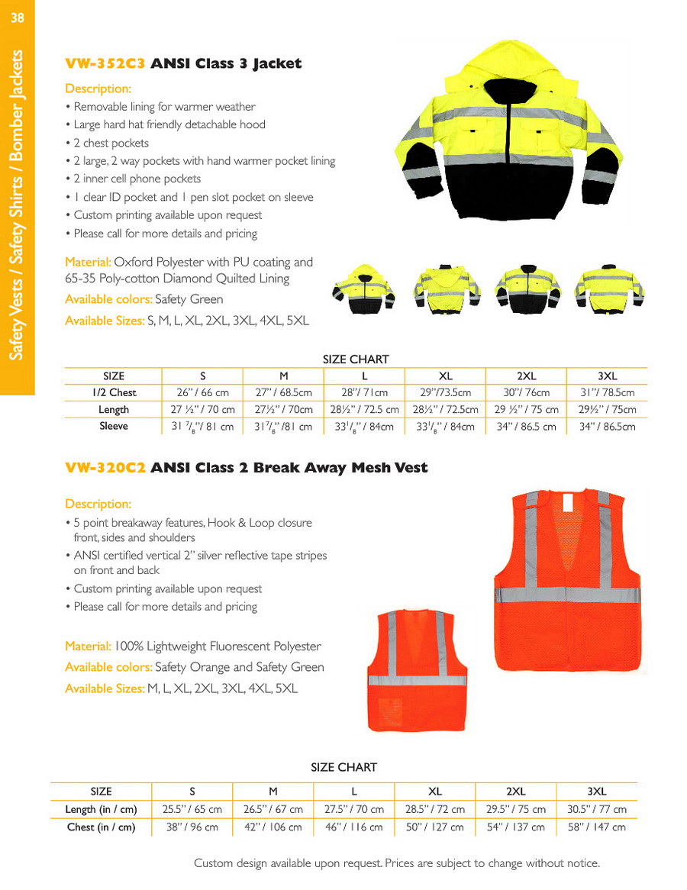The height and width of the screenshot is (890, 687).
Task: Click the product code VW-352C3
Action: pos(105,63)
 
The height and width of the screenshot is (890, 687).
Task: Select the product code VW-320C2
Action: pos(105,468)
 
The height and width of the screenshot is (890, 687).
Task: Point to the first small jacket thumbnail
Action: pos(363,290)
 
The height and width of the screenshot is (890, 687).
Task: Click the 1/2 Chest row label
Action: pos(114,392)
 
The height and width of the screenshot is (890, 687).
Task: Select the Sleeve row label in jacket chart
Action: pos(114,427)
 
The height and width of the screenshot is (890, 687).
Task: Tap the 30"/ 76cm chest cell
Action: pos(526,392)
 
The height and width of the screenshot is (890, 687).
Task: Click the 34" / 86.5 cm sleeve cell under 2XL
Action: pos(526,427)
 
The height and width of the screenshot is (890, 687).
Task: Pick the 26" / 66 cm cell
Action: pos(202,392)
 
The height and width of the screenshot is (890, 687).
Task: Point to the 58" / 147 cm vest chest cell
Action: pos(596,827)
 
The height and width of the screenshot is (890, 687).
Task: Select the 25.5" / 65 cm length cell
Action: pos(192,809)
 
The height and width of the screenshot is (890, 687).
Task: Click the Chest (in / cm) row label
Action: pos(101,827)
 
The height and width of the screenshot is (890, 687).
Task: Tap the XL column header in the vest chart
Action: pos(435,792)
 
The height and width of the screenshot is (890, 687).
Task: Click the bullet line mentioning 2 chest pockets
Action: pos(111,143)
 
